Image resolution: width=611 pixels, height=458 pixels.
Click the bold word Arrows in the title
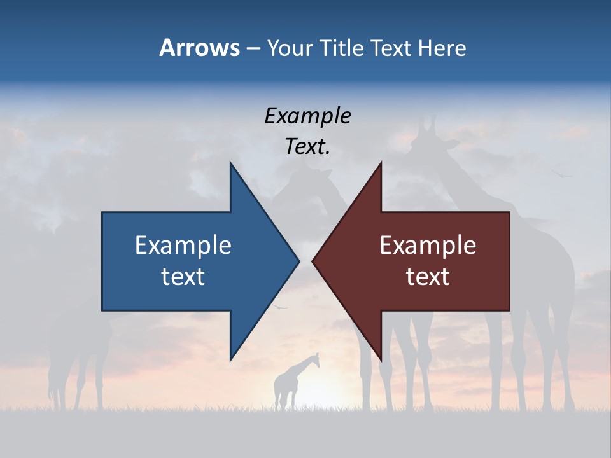tap(199, 48)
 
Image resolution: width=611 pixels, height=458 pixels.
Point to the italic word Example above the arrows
tap(307, 116)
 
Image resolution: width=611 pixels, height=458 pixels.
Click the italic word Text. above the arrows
tap(307, 146)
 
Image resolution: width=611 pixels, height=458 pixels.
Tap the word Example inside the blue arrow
tap(183, 246)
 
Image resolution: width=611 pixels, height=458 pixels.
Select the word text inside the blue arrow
tap(183, 276)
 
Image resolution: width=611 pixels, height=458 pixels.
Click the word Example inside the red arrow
tap(428, 246)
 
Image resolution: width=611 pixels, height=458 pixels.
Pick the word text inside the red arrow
tap(428, 276)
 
